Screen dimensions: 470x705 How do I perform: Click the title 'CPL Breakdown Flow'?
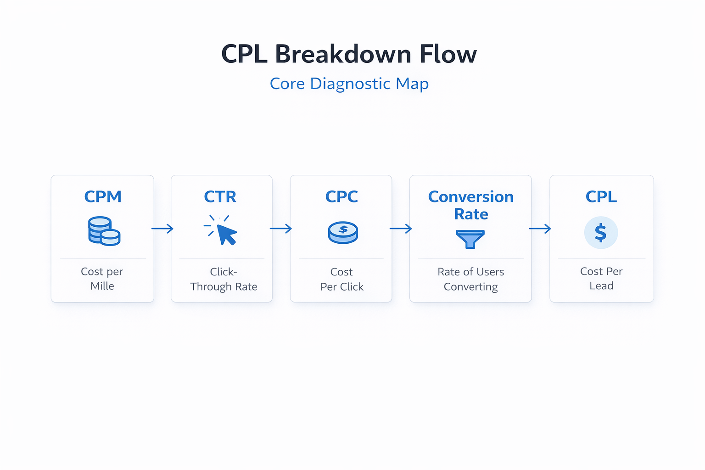(349, 54)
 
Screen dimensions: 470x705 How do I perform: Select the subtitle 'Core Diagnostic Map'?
(349, 84)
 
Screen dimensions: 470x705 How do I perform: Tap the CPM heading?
(103, 196)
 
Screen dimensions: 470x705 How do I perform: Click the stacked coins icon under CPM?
(104, 231)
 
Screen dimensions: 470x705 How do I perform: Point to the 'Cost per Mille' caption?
(102, 279)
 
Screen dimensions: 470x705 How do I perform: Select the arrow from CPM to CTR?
(162, 229)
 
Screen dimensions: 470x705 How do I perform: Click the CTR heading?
(220, 196)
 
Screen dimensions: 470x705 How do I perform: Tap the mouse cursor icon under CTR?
(222, 231)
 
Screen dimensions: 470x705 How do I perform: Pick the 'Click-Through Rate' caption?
(224, 279)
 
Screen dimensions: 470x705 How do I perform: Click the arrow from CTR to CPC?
(281, 229)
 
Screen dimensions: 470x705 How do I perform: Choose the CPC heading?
(341, 196)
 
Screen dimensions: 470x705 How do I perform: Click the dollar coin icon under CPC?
(343, 232)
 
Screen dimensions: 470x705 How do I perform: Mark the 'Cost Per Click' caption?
(341, 279)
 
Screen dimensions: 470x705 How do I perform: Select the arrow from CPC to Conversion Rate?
(401, 229)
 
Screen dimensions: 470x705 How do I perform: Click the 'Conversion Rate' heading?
(471, 205)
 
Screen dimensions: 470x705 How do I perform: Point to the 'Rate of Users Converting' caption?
(471, 279)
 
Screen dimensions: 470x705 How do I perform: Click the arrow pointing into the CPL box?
(540, 229)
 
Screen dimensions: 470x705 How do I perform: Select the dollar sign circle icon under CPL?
(601, 233)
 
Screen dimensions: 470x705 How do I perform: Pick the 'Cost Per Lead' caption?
(601, 279)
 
